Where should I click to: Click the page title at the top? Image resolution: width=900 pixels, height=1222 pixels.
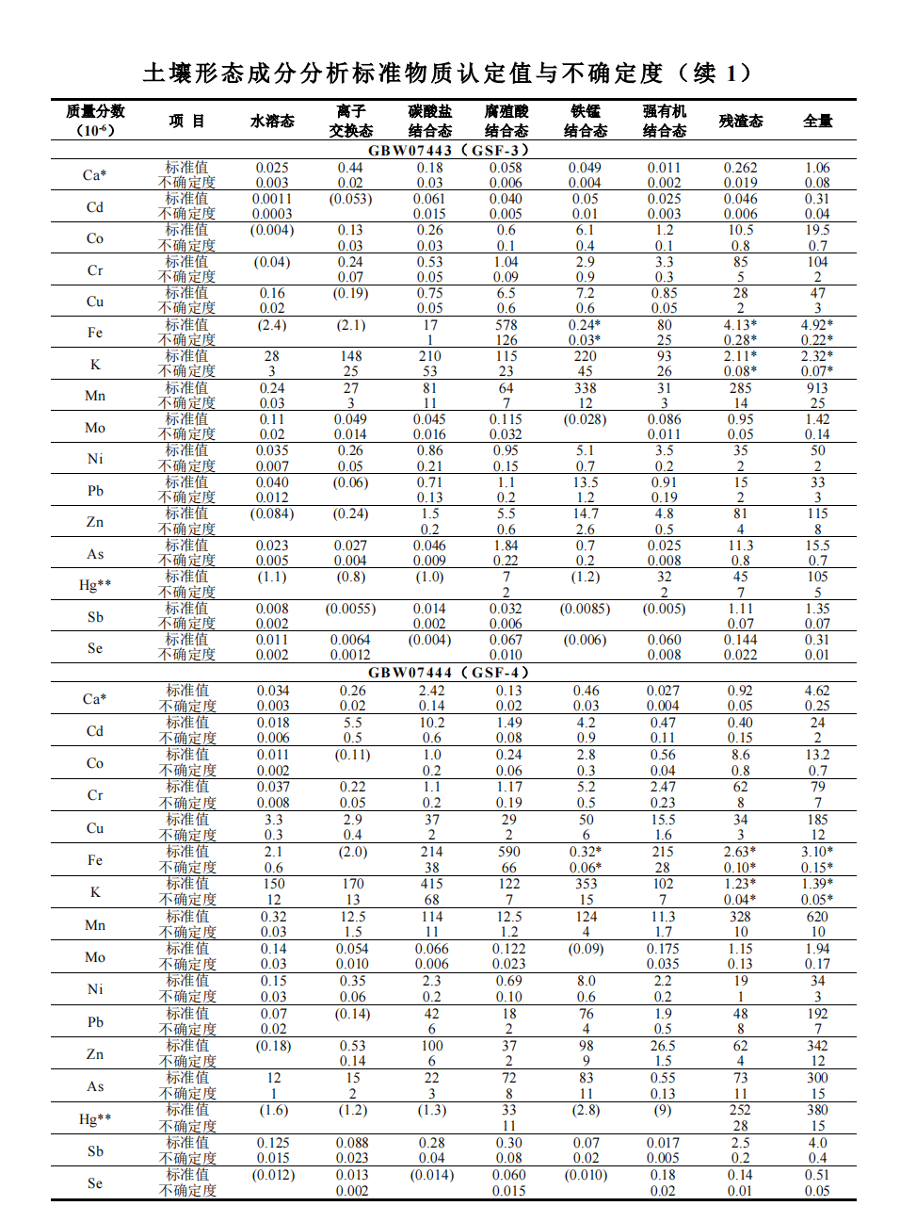click(448, 73)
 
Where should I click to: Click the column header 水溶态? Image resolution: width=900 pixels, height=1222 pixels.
click(272, 121)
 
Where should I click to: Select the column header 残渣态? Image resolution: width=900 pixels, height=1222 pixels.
click(741, 121)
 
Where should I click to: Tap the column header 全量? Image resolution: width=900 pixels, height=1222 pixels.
click(817, 121)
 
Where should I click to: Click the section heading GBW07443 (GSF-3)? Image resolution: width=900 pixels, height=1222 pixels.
click(449, 151)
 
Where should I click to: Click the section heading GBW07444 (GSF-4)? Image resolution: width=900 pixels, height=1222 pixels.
click(449, 673)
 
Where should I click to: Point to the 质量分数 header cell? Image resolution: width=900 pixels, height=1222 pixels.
click(95, 121)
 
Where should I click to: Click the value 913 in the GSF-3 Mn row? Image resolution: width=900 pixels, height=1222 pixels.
click(817, 388)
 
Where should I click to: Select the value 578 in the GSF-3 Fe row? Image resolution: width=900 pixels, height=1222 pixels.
click(506, 325)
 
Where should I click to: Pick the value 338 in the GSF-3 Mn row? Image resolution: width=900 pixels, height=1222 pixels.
click(586, 388)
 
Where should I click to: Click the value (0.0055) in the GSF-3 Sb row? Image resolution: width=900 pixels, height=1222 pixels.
click(350, 609)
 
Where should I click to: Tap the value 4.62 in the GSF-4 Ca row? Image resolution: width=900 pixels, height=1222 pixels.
click(817, 691)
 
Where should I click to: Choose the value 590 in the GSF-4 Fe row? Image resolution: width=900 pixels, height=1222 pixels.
click(508, 852)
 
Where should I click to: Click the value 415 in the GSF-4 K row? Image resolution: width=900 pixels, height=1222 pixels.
click(431, 884)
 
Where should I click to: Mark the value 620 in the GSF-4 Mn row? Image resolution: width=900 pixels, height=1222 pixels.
click(817, 917)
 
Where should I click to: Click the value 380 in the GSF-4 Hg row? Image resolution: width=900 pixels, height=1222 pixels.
click(817, 1110)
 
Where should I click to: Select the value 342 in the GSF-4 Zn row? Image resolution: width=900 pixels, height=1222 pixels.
click(817, 1046)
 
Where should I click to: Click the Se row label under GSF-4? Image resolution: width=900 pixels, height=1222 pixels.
click(95, 1183)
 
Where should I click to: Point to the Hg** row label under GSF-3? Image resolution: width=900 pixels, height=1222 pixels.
click(95, 585)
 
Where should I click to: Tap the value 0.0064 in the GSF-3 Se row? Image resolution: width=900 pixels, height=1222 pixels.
click(350, 640)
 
